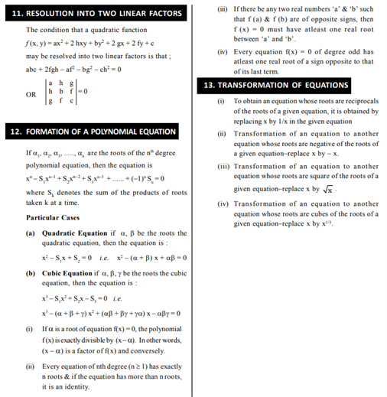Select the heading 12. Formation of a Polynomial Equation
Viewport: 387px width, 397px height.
[x=98, y=132]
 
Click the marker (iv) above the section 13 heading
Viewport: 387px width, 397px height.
[x=222, y=52]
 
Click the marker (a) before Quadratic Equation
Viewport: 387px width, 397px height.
[x=31, y=233]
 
